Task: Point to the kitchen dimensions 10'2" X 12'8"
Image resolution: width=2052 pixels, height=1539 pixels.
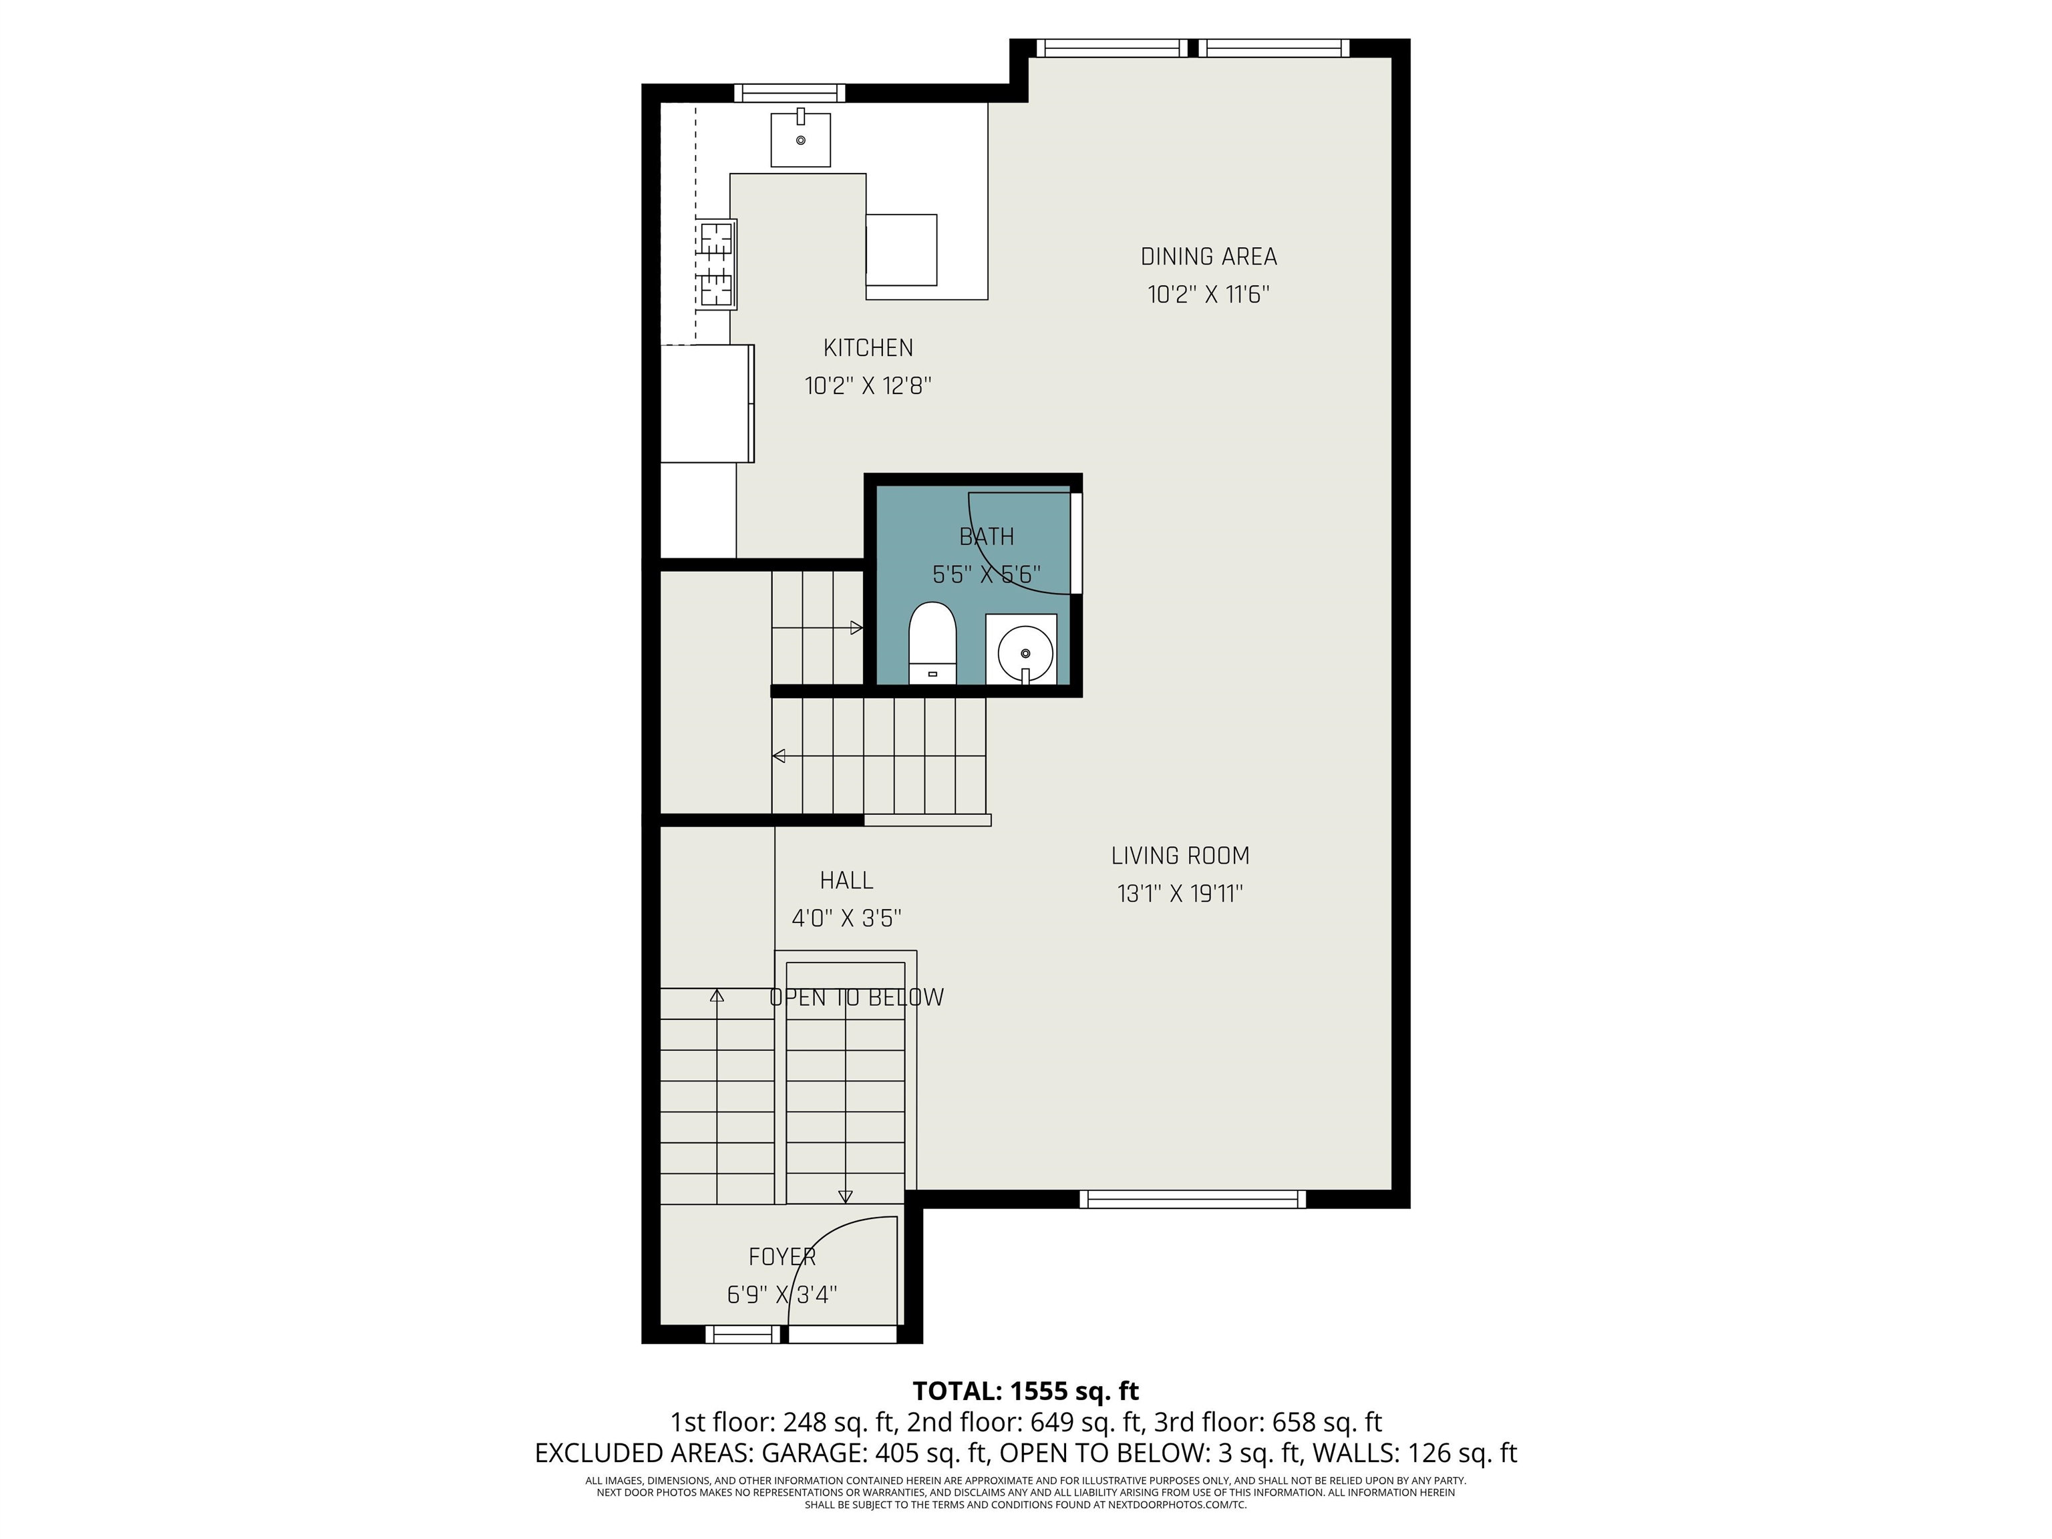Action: pos(868,386)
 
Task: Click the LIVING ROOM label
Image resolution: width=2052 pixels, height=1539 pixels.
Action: pos(1180,855)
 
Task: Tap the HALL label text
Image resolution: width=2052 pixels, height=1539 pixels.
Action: pos(846,880)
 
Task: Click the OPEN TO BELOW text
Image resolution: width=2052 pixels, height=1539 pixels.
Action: pos(856,998)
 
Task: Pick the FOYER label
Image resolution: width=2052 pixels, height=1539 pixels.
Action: pos(782,1257)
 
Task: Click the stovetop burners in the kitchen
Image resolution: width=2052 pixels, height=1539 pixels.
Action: pos(716,265)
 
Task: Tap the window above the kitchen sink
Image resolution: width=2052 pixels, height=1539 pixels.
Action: pos(790,93)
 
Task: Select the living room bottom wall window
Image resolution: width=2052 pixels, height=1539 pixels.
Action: pos(1193,1200)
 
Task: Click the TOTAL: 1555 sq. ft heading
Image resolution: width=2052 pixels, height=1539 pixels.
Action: pos(1025,1391)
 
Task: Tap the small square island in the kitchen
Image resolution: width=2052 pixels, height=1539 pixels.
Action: pos(901,250)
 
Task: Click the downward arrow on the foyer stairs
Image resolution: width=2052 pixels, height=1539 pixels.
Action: pos(845,1198)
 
